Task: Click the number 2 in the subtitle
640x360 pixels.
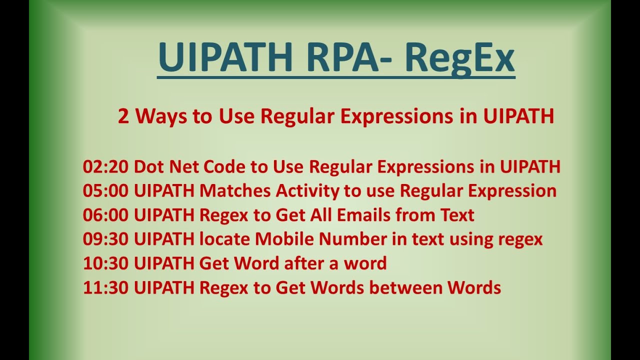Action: [123, 116]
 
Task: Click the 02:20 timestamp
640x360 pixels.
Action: [106, 167]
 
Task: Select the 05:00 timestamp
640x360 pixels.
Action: [106, 191]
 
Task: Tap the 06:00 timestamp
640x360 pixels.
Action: [106, 215]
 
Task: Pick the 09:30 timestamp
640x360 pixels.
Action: [106, 239]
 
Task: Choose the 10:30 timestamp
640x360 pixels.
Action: [106, 263]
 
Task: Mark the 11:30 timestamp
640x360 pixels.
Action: [106, 287]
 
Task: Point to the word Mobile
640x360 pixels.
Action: [285, 239]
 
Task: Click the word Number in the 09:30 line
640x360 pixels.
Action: [353, 239]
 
